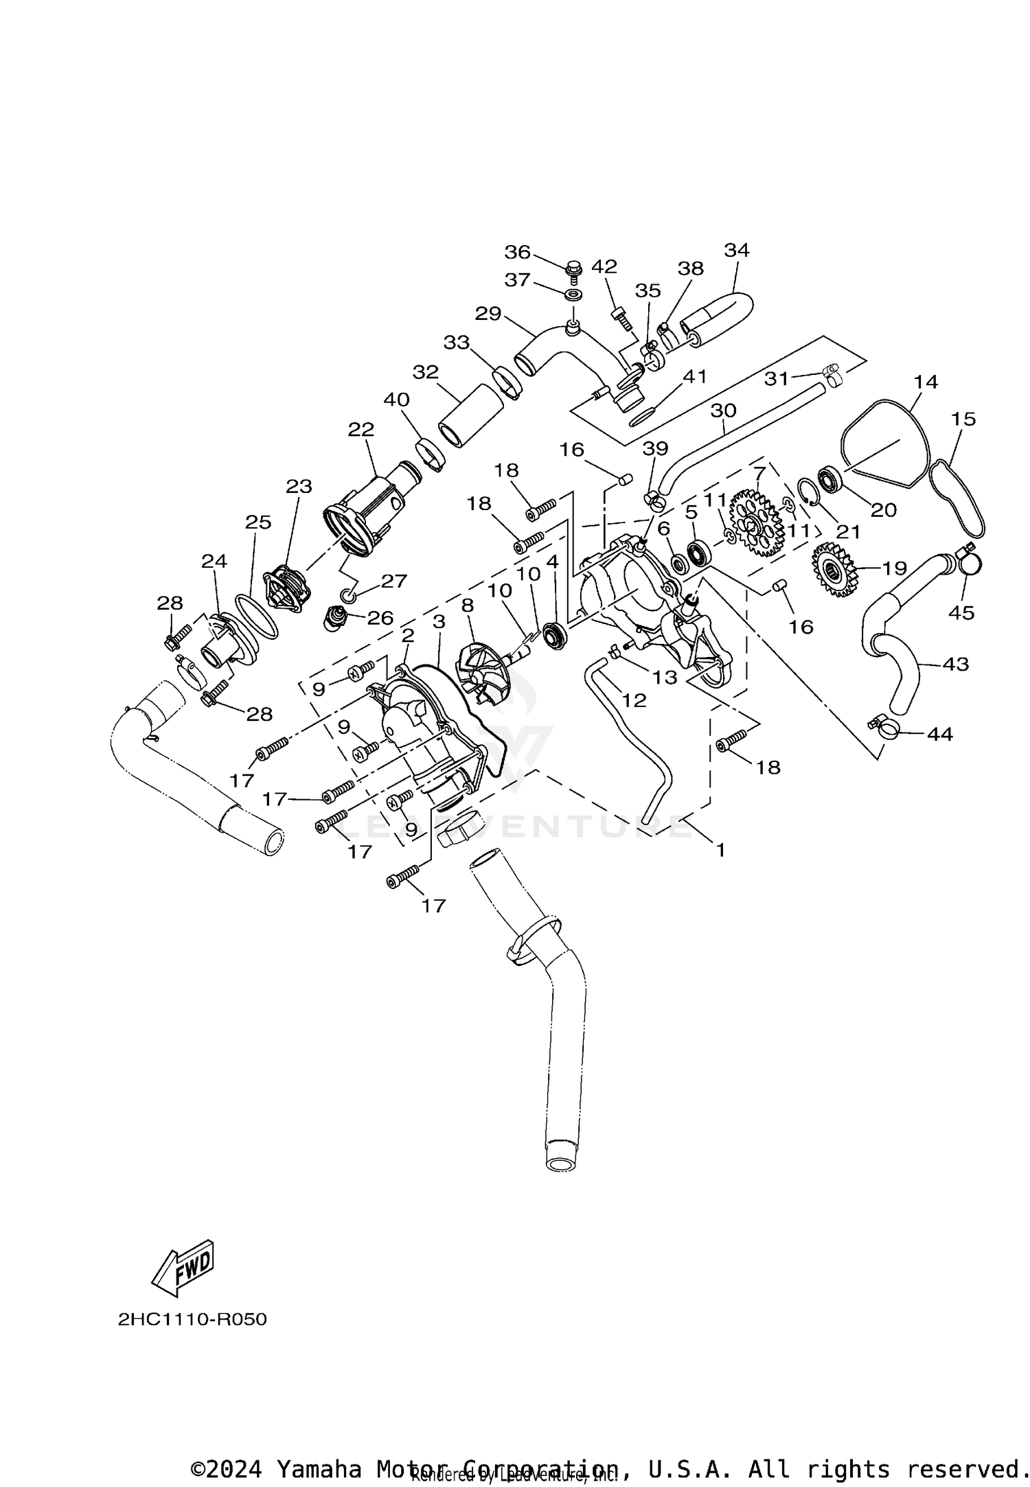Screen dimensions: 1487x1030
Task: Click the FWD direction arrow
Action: [183, 1267]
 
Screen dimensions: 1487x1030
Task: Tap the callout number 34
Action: [737, 251]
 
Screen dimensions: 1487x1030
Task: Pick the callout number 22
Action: [361, 430]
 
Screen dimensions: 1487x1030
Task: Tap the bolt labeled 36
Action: [575, 268]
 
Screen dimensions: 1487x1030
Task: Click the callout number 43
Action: [955, 664]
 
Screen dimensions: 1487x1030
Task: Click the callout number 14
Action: [926, 382]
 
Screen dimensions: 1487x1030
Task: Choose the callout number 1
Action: [720, 850]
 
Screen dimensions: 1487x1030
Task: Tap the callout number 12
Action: [634, 700]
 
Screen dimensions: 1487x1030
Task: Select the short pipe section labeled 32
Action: [470, 416]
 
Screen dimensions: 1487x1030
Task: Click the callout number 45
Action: [961, 612]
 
